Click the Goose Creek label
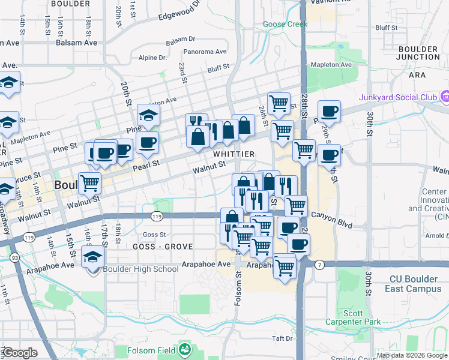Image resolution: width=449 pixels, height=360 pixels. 285,24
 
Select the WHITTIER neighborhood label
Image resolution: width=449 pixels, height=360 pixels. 234,154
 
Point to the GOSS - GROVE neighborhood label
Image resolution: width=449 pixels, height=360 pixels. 159,246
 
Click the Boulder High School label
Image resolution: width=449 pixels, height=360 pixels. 141,269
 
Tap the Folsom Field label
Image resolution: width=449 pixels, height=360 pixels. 152,350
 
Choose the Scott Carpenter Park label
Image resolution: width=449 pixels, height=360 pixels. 362,317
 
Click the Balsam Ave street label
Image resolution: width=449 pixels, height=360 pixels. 76,43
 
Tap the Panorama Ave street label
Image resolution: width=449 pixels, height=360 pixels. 205,52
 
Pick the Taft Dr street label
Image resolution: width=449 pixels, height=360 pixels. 281,338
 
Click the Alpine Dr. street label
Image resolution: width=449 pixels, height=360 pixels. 152,58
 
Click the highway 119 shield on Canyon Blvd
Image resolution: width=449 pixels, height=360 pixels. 157,216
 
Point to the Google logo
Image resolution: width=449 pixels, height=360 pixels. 19,353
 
